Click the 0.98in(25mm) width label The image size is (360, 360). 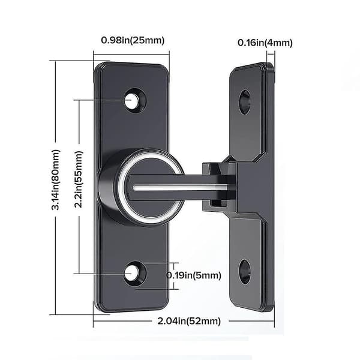tap(133, 40)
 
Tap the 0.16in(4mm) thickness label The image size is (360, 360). tap(265, 43)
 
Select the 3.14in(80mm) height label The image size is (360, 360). tap(56, 180)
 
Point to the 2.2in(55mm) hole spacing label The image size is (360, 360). tap(79, 179)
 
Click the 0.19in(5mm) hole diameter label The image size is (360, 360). tap(193, 275)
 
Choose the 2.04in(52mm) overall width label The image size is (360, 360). tap(189, 321)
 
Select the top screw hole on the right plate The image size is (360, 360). tap(244, 103)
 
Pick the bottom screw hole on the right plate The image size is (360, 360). tap(244, 272)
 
